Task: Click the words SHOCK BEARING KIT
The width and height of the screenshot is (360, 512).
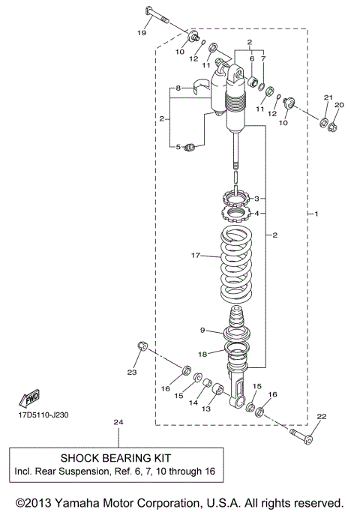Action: click(116, 457)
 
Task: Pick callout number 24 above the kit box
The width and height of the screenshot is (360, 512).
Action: click(116, 423)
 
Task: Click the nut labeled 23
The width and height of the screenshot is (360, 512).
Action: click(140, 346)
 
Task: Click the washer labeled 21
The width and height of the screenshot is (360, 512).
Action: click(324, 122)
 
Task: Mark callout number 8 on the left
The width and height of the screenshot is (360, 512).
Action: click(178, 89)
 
